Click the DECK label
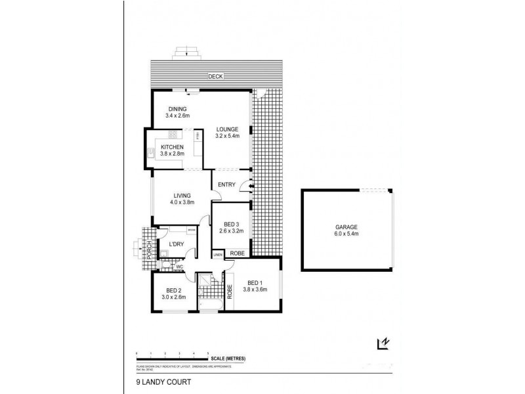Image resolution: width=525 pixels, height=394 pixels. (x=215, y=76)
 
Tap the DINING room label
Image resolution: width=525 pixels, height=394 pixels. (x=178, y=109)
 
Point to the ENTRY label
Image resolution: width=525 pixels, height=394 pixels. (x=227, y=185)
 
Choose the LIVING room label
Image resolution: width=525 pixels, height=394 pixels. (x=182, y=195)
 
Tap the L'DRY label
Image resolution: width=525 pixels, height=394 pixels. (x=176, y=245)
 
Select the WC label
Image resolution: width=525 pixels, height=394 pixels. (x=178, y=267)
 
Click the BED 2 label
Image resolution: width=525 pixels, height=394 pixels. (x=173, y=290)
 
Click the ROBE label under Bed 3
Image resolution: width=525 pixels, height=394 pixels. (x=238, y=252)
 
